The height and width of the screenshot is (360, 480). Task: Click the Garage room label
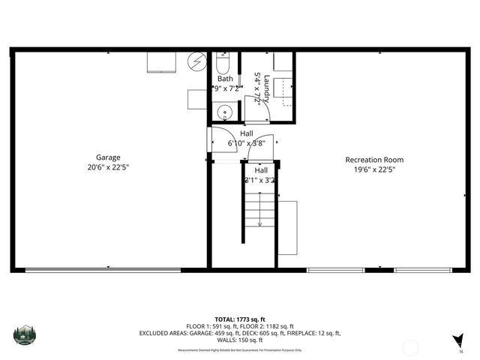click(108, 157)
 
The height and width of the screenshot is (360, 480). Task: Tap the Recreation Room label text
click(374, 159)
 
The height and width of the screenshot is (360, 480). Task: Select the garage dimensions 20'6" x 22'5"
click(108, 169)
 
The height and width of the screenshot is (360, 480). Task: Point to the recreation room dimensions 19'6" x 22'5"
click(374, 169)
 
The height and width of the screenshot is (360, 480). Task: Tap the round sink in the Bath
click(224, 113)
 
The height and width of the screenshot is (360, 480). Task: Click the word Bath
click(225, 79)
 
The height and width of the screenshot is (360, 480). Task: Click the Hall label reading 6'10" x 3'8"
click(247, 142)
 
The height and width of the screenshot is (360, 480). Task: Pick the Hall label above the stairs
click(260, 170)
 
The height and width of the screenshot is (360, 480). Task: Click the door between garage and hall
click(210, 142)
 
